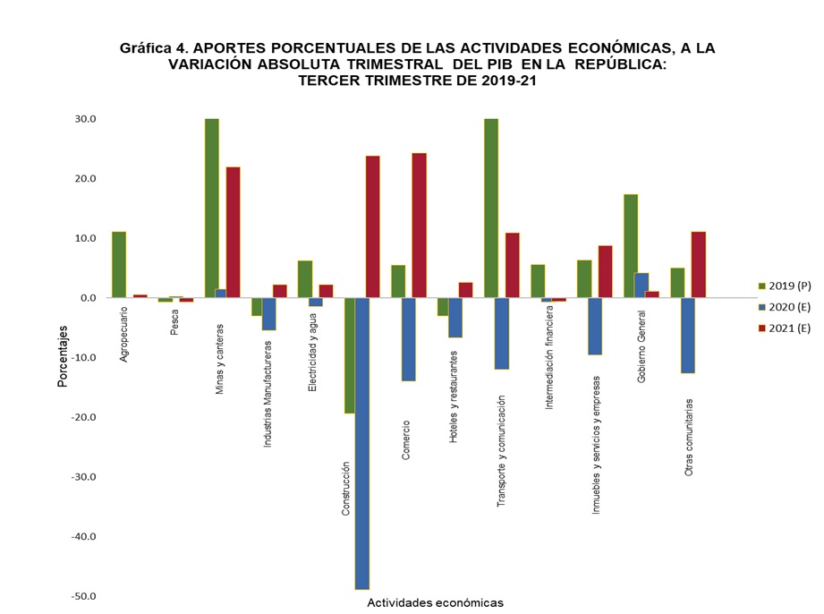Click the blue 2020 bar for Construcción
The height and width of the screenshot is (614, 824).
tap(362, 443)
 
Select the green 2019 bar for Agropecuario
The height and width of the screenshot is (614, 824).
tap(119, 265)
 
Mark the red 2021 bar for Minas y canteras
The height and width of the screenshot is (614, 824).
tap(234, 232)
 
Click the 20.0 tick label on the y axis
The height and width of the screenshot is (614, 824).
tap(87, 178)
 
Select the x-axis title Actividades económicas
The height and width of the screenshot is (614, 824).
tap(435, 602)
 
